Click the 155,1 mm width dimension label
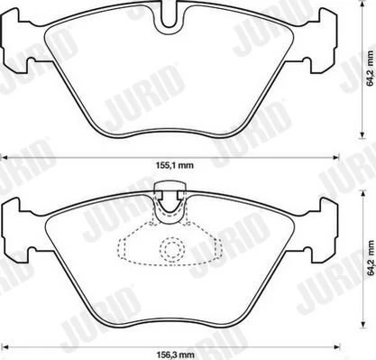click(175, 165)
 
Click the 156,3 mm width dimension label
click(175, 355)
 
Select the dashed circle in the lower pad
click(172, 249)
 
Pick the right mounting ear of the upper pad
click(322, 41)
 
